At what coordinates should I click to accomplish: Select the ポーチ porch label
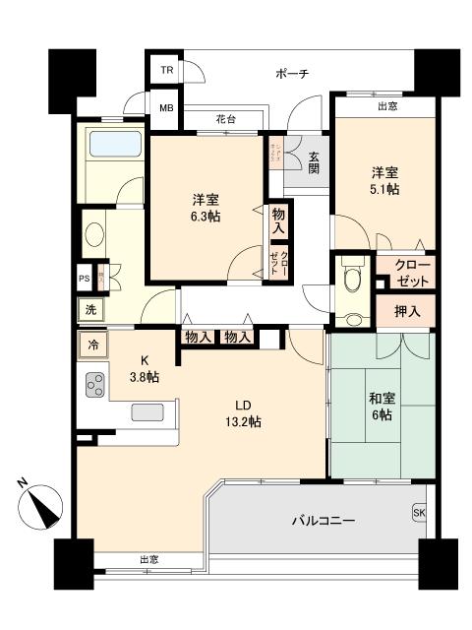tap(292, 73)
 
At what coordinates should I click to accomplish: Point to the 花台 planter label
tap(226, 120)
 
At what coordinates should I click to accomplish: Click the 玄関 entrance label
tap(314, 161)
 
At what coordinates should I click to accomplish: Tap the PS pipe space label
tap(85, 279)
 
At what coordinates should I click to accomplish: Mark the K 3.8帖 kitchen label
tap(145, 369)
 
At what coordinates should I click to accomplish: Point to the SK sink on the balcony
tap(420, 513)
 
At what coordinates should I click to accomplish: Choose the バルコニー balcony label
tap(324, 519)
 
